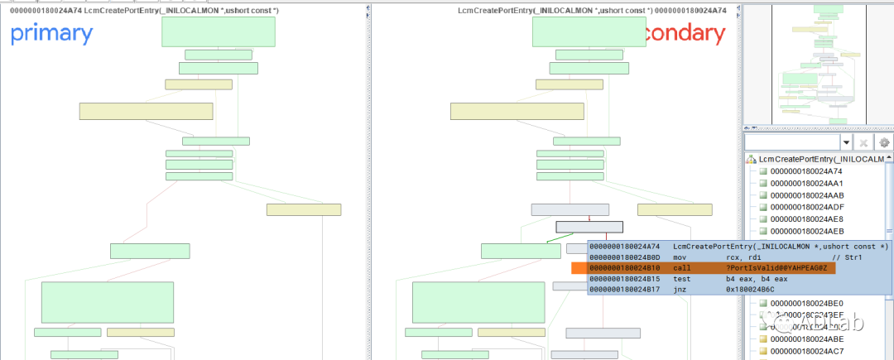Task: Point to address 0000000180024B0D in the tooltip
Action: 625,257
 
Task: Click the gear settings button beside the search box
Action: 884,143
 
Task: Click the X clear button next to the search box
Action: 864,143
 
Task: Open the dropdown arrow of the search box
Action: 846,143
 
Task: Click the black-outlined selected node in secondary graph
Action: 589,227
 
